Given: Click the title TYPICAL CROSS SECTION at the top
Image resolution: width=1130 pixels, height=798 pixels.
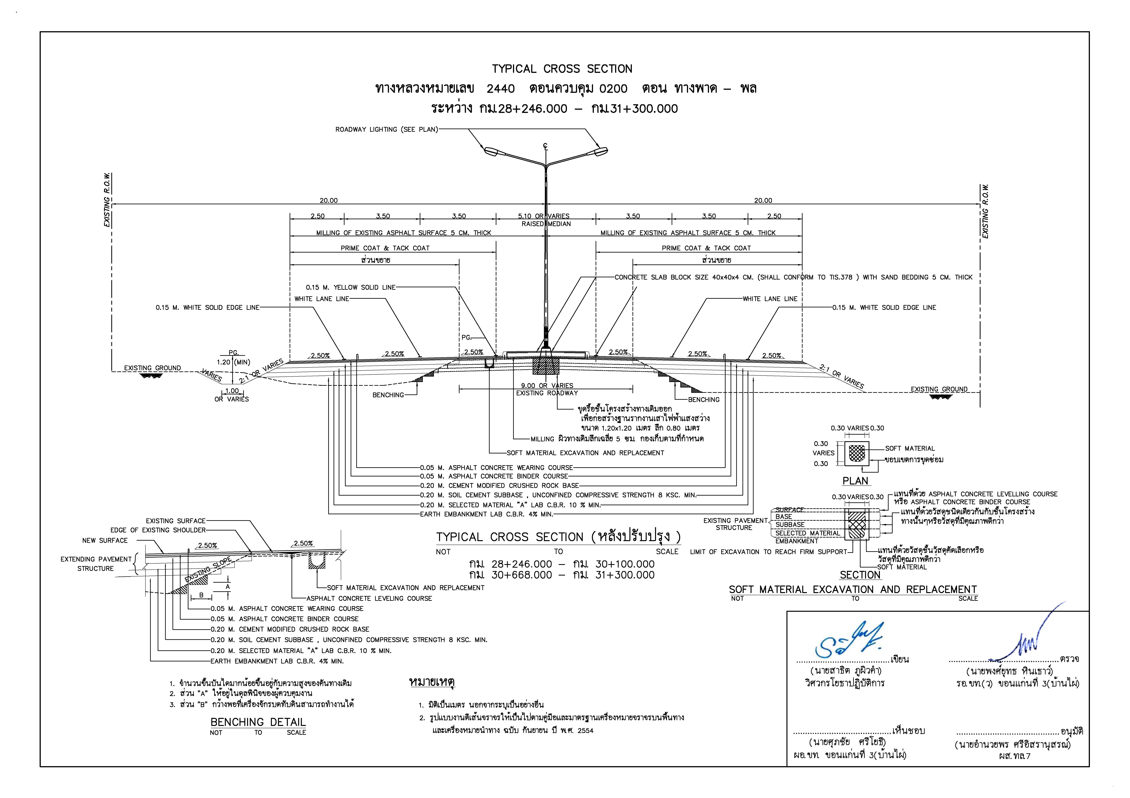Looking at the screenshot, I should click(x=562, y=69).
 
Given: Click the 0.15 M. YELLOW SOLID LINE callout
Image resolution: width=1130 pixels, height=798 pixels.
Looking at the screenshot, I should click(x=350, y=288).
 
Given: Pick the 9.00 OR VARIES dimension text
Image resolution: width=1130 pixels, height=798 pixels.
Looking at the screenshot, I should click(x=547, y=386).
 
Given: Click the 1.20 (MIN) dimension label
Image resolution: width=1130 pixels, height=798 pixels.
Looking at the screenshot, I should click(x=233, y=362).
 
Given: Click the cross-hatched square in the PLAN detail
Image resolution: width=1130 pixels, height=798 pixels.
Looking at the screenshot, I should click(x=857, y=453).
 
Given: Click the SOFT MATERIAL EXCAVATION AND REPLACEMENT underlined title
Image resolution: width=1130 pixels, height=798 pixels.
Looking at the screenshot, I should click(x=852, y=590).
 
